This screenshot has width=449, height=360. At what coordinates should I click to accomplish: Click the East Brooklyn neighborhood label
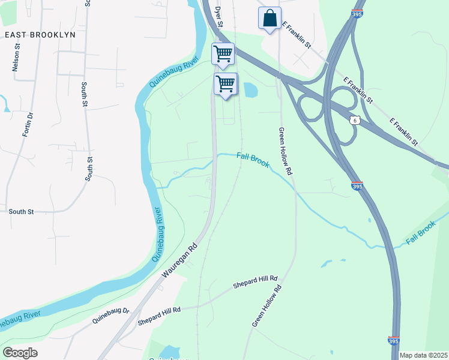[40, 35]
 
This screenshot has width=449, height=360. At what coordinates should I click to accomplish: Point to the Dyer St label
[218, 17]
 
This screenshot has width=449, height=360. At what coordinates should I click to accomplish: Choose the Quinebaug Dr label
[110, 316]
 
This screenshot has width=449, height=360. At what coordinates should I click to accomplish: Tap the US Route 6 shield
[354, 121]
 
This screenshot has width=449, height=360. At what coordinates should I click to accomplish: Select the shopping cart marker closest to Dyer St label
[223, 54]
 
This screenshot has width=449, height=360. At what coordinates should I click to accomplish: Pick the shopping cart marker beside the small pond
[226, 83]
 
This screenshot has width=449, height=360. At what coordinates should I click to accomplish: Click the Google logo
[20, 353]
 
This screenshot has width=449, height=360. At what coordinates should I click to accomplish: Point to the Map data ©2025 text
[423, 355]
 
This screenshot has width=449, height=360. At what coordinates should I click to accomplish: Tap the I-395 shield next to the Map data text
[394, 341]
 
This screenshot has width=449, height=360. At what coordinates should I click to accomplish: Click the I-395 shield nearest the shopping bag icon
[357, 13]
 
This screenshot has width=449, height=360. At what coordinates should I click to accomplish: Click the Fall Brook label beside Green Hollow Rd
[253, 160]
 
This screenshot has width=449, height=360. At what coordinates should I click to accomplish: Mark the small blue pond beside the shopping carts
[249, 90]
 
